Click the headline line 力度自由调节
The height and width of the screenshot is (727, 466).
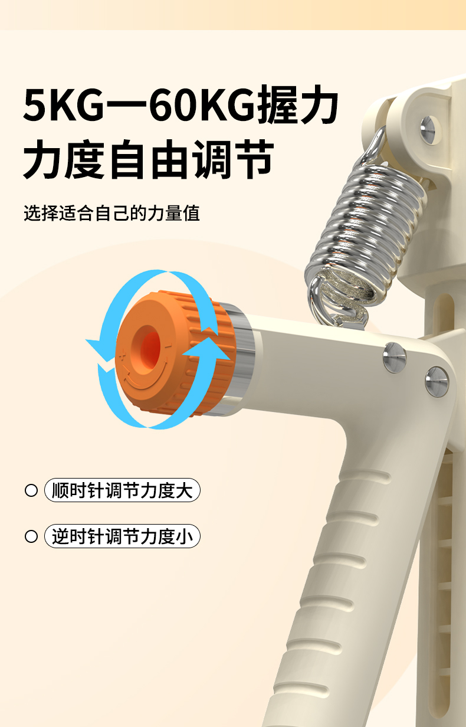[x=148, y=159]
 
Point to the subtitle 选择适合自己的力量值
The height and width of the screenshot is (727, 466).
[x=111, y=213]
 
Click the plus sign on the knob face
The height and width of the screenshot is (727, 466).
[x=122, y=356]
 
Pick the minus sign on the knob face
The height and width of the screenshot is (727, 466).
[x=168, y=346]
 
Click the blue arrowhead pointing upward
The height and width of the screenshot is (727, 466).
[x=208, y=349]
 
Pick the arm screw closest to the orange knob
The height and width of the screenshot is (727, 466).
[x=395, y=357]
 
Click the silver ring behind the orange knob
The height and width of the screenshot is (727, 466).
[x=240, y=357]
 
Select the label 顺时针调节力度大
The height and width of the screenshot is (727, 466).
[x=122, y=490]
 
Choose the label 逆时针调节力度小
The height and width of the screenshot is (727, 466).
[x=122, y=536]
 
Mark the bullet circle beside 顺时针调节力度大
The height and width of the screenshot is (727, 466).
[x=31, y=490]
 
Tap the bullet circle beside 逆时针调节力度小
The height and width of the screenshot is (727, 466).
[x=31, y=536]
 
